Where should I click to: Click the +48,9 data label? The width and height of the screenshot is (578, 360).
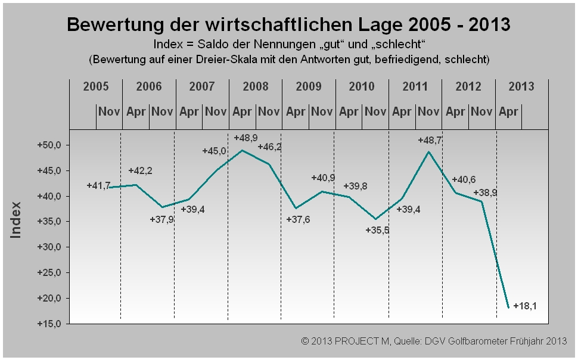pyautogui.click(x=246, y=138)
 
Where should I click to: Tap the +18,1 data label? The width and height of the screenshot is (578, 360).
pyautogui.click(x=524, y=306)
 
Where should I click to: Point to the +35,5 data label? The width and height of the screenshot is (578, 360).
pyautogui.click(x=377, y=230)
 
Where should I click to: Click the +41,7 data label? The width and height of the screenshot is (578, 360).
pyautogui.click(x=98, y=185)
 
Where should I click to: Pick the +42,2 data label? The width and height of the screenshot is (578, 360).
pyautogui.click(x=140, y=171)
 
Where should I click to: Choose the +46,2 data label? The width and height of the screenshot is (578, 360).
pyautogui.click(x=269, y=146)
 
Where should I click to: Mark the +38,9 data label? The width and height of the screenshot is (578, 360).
pyautogui.click(x=485, y=193)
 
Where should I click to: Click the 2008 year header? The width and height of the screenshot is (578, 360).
pyautogui.click(x=255, y=86)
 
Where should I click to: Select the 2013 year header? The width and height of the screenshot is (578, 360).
pyautogui.click(x=521, y=86)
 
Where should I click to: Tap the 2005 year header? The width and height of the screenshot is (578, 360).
pyautogui.click(x=96, y=86)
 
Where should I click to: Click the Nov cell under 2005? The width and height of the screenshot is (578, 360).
pyautogui.click(x=109, y=111)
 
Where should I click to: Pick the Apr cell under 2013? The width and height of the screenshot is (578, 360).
pyautogui.click(x=508, y=111)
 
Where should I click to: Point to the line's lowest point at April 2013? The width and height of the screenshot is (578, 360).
pyautogui.click(x=508, y=308)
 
